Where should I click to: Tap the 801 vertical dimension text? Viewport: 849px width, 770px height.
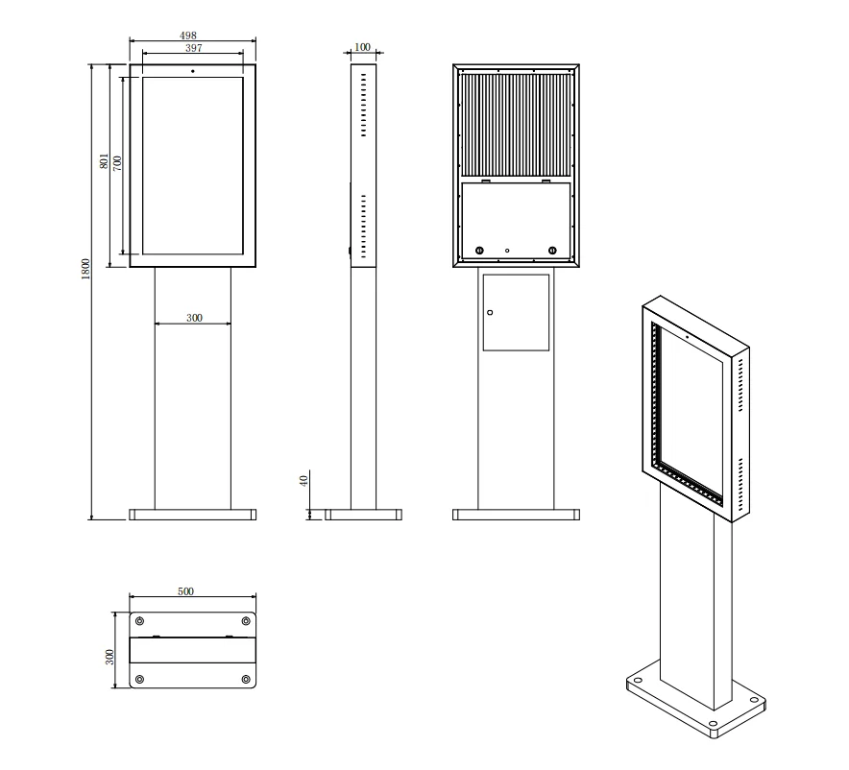[105, 162]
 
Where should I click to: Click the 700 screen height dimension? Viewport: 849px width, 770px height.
[117, 162]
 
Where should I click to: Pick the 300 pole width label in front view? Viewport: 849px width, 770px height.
[193, 318]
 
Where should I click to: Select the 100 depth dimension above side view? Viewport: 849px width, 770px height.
[362, 46]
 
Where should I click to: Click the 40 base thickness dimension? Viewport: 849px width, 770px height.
[303, 481]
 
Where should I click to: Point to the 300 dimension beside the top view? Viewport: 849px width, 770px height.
[110, 657]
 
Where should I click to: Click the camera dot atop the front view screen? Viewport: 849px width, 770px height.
[192, 71]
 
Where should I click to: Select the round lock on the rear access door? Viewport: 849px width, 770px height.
[489, 312]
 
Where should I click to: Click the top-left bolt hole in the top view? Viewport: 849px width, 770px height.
[140, 620]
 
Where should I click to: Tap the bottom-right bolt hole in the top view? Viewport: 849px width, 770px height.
[246, 680]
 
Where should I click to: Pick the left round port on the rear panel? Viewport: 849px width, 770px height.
[478, 252]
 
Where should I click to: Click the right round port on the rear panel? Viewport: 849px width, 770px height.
[552, 252]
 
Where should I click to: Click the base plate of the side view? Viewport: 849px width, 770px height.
[362, 515]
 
